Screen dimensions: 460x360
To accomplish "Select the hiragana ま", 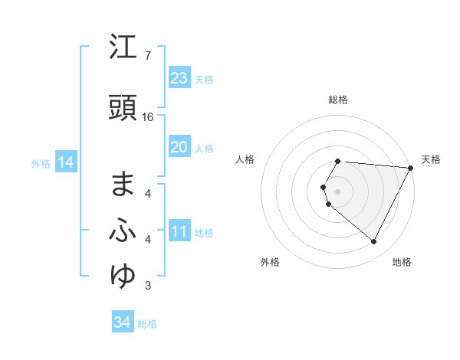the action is tap(123, 184).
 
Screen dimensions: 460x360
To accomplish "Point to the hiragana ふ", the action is tap(123, 231).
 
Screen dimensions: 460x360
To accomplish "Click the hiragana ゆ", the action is tap(123, 276).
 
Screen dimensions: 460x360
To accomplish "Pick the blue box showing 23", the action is tap(179, 77).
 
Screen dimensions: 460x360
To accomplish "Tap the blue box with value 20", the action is tap(179, 147).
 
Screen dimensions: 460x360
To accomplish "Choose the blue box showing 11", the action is tap(179, 231).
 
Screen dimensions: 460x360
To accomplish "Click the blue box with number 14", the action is tap(66, 162).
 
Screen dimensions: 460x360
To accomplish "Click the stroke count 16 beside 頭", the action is tap(148, 117).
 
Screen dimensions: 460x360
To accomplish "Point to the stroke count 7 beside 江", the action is tap(147, 57).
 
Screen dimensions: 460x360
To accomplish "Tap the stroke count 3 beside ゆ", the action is tap(147, 286).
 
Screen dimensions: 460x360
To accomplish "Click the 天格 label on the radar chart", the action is tap(431, 159).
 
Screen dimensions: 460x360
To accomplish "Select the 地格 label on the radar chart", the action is tap(402, 263).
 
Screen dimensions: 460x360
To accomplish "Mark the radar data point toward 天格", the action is tap(410, 168).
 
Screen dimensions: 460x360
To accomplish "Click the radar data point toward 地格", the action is tap(373, 242).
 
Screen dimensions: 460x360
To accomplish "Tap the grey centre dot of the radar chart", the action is tap(337, 191).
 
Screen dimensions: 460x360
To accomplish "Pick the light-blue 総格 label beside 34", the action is tap(147, 324).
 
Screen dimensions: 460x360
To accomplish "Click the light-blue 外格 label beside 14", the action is tap(40, 163).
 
